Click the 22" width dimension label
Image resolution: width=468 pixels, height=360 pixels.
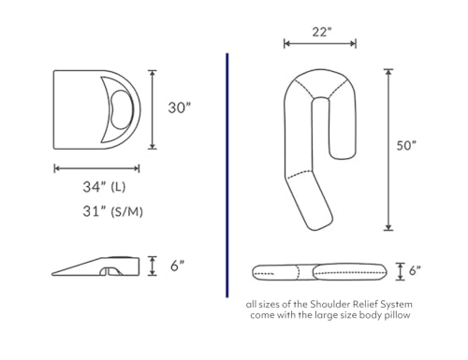tap(322, 32)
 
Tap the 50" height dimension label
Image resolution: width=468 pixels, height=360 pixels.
tap(406, 145)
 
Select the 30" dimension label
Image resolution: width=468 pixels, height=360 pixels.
tap(179, 108)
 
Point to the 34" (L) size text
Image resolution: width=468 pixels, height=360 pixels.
tap(104, 187)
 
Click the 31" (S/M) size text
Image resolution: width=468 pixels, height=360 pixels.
tap(112, 211)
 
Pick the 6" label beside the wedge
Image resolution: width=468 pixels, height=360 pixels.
tap(178, 266)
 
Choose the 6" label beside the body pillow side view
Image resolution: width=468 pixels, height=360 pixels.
tap(415, 270)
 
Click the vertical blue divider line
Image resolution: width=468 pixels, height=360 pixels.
tap(227, 176)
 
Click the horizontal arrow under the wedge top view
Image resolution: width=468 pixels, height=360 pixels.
tap(96, 168)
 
